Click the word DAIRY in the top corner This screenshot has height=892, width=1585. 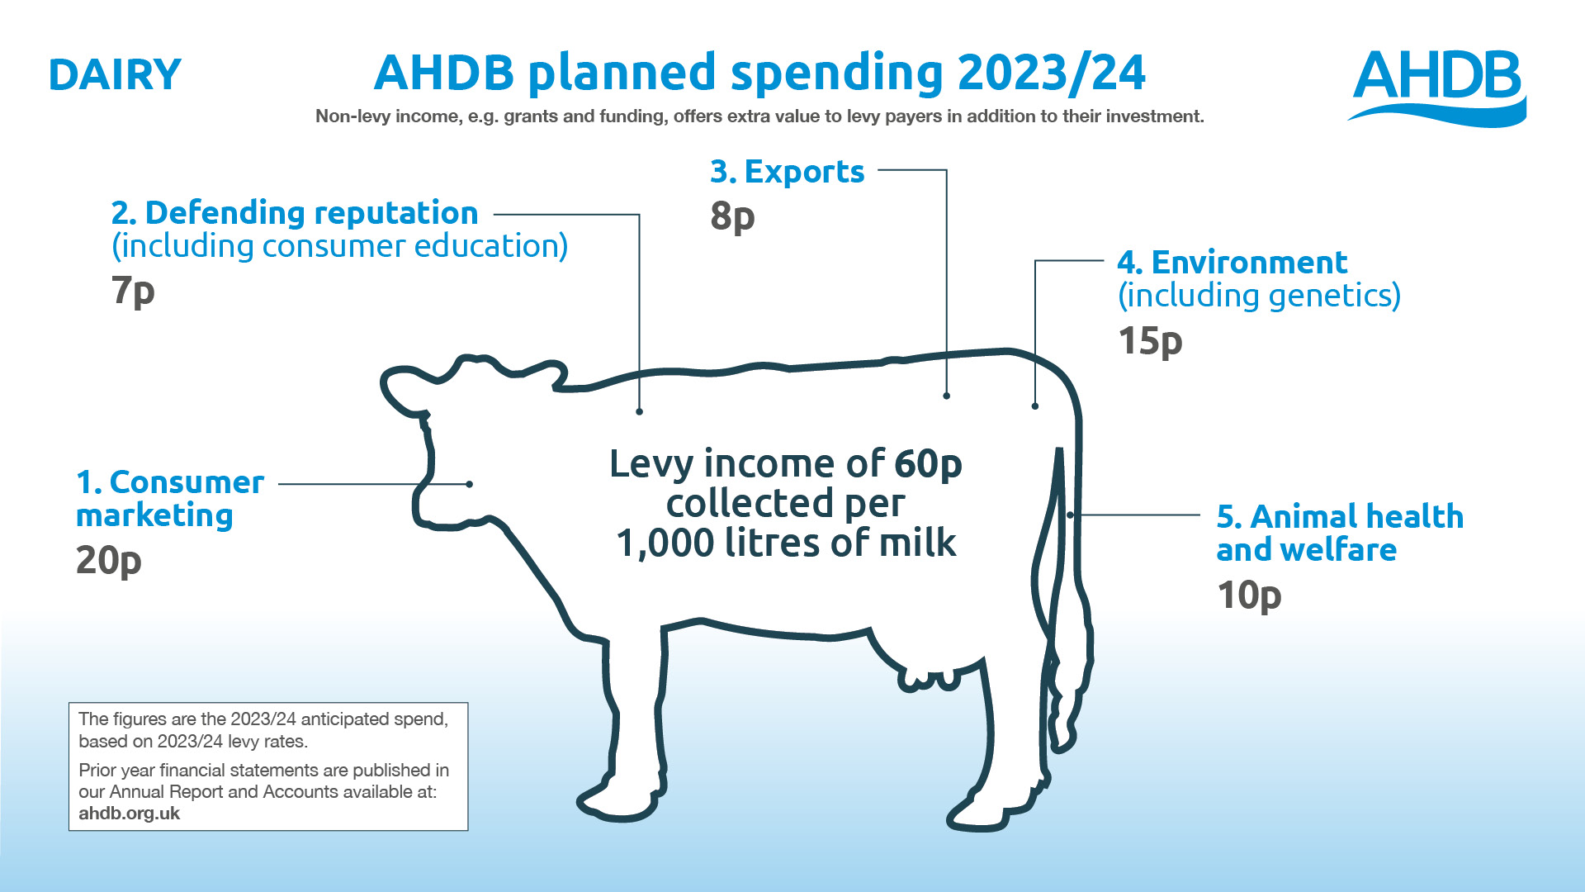tap(115, 75)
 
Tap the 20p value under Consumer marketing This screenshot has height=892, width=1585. tap(108, 562)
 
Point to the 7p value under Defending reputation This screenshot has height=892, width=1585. tap(133, 291)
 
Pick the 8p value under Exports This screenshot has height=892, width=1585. tap(732, 216)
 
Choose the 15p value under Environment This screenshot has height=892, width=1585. tap(1150, 341)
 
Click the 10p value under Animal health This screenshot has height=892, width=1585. tap(1249, 595)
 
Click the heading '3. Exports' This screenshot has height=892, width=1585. tap(787, 172)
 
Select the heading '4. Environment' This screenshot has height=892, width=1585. tap(1232, 263)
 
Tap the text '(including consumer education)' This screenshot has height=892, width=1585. tap(339, 246)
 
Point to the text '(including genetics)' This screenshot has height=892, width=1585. tap(1259, 296)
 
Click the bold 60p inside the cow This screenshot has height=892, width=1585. tap(928, 465)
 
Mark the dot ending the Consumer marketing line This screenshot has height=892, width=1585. tap(469, 484)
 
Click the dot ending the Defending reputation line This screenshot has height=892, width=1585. tap(640, 410)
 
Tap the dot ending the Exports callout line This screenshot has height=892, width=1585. tap(947, 396)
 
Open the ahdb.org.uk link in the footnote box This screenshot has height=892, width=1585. tap(129, 814)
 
